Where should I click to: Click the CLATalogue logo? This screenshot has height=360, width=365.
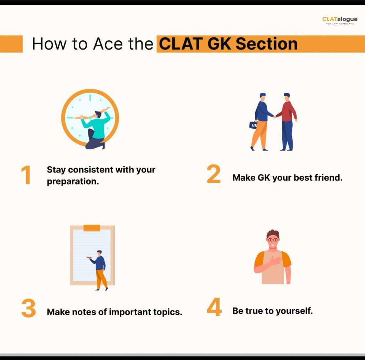pyautogui.click(x=340, y=20)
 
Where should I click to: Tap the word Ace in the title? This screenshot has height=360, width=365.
pyautogui.click(x=108, y=44)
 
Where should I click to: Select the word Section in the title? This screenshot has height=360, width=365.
pyautogui.click(x=267, y=44)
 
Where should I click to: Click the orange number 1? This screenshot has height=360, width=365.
pyautogui.click(x=26, y=175)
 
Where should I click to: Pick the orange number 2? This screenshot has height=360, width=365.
pyautogui.click(x=214, y=174)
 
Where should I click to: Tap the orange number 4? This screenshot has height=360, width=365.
pyautogui.click(x=214, y=307)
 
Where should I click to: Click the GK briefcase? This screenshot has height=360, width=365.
pyautogui.click(x=253, y=125)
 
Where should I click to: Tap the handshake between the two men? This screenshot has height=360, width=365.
pyautogui.click(x=275, y=116)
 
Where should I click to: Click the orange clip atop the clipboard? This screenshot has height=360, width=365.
pyautogui.click(x=92, y=228)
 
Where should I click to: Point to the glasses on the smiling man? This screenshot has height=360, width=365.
pyautogui.click(x=273, y=240)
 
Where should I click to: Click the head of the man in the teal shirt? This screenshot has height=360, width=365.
pyautogui.click(x=98, y=114)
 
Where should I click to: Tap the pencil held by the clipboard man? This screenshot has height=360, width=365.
pyautogui.click(x=89, y=257)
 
